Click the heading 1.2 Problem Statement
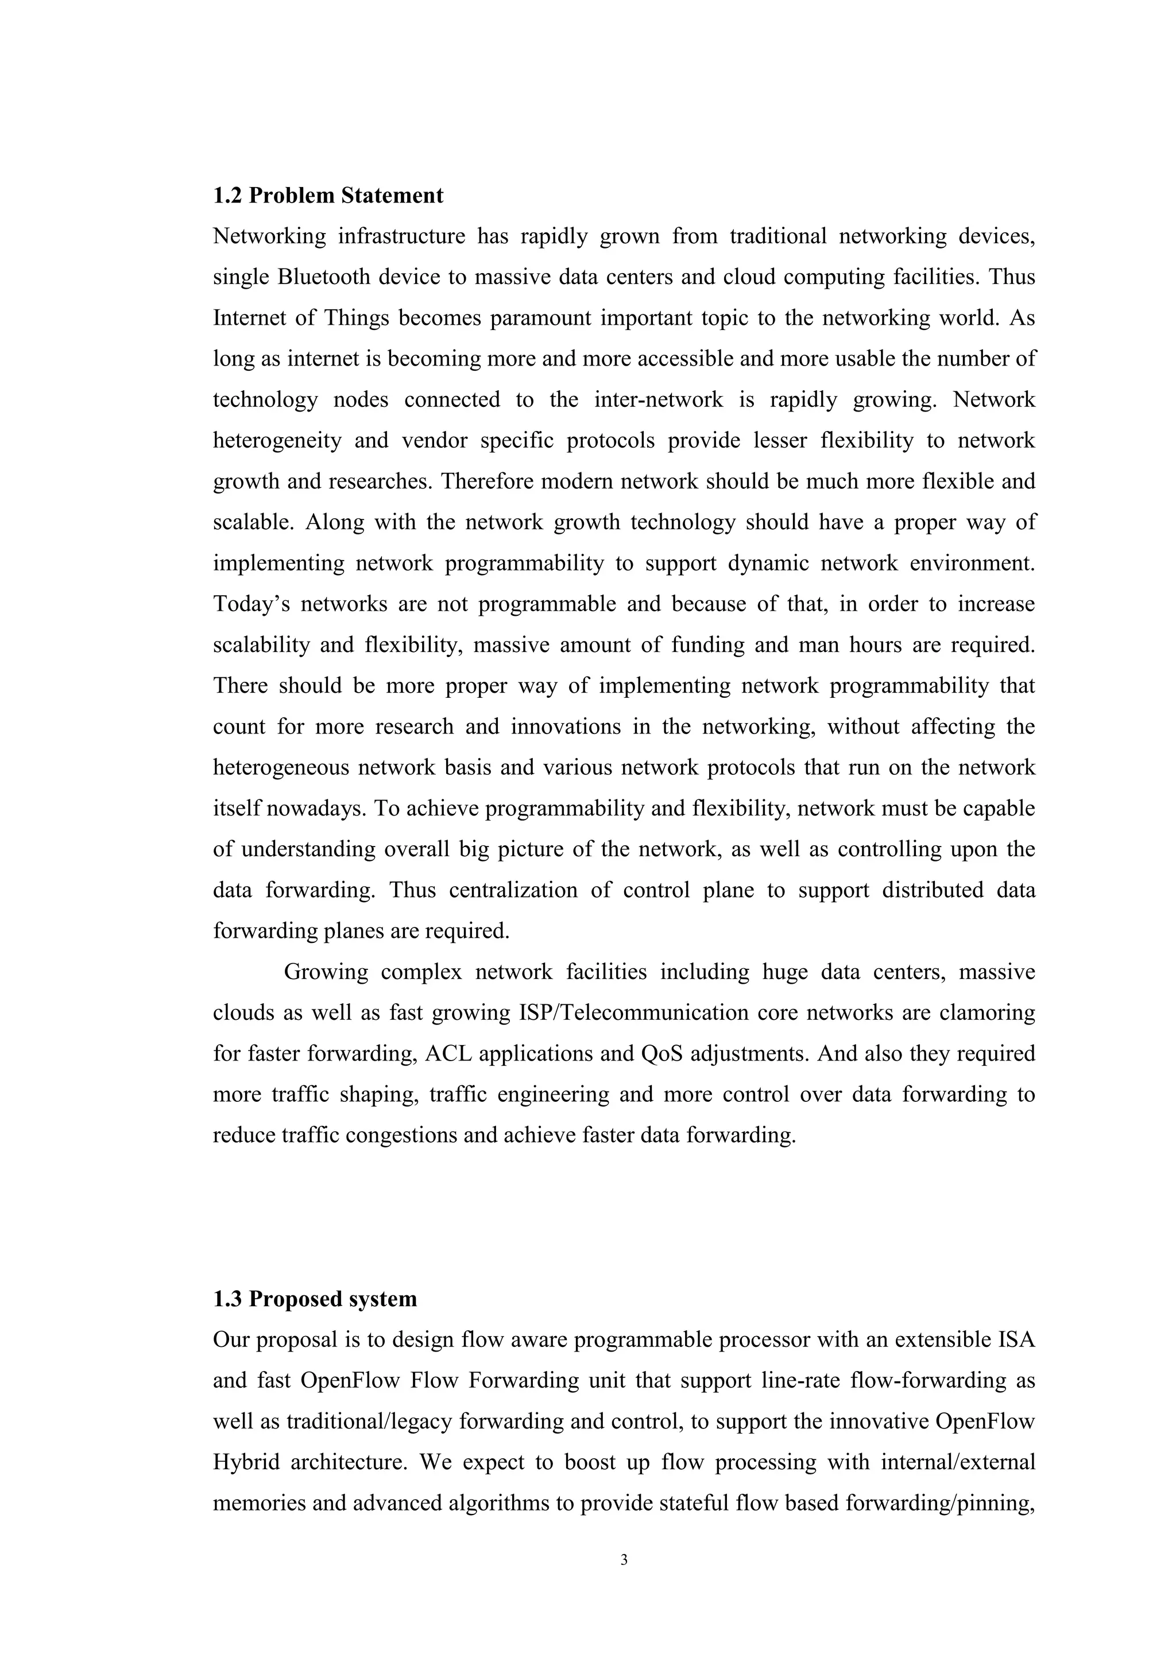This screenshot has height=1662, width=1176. (x=328, y=196)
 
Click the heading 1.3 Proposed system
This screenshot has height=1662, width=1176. (x=315, y=1299)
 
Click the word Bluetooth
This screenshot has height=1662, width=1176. (x=323, y=277)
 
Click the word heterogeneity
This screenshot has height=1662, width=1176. (x=277, y=441)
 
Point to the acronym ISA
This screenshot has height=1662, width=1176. (x=1017, y=1340)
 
